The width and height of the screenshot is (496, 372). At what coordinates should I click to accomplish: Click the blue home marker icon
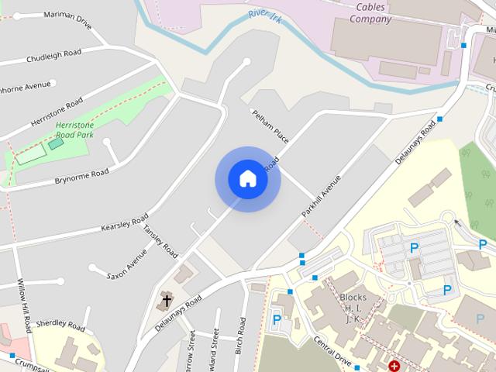247,178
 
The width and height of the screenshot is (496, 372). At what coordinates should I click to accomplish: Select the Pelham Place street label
270,126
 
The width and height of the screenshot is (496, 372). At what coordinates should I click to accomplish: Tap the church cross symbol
166,301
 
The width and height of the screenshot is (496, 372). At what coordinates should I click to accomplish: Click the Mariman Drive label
68,19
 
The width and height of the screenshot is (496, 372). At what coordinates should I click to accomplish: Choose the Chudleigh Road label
53,58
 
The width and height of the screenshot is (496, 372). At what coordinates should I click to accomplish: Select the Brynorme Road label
81,177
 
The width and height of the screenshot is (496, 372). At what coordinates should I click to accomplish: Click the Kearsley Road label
124,222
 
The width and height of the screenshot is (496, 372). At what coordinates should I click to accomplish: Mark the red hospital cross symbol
394,365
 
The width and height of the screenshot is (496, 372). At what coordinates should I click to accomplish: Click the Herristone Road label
57,113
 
